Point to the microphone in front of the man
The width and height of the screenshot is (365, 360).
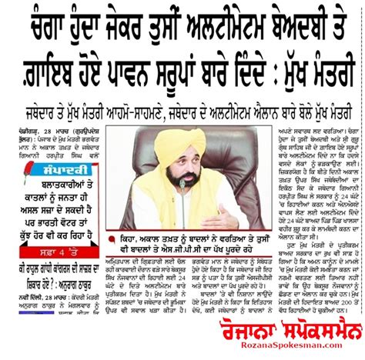click(182, 188)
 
